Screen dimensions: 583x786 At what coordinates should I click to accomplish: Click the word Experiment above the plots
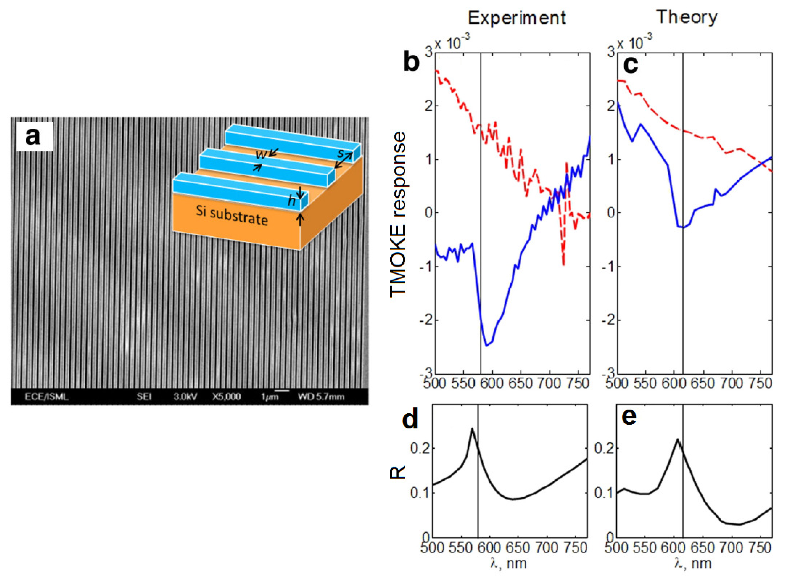[x=517, y=18]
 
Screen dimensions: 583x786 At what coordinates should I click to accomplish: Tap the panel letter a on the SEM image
[x=33, y=137]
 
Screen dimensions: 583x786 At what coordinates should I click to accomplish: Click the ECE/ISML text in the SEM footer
[x=47, y=397]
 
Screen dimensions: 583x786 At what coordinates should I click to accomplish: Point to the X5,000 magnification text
[x=226, y=397]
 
